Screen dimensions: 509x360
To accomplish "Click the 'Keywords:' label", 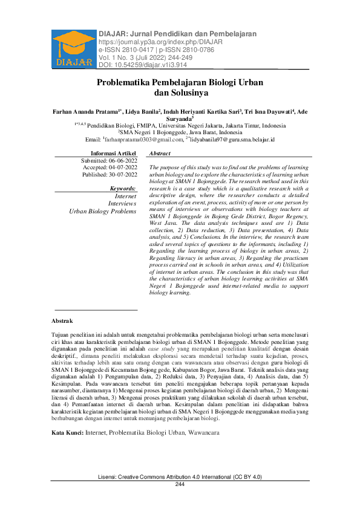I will point(124,189).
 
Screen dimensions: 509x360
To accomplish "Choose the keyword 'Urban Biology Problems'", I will point(103,211).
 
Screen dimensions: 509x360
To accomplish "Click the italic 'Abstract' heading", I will point(160,154).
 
